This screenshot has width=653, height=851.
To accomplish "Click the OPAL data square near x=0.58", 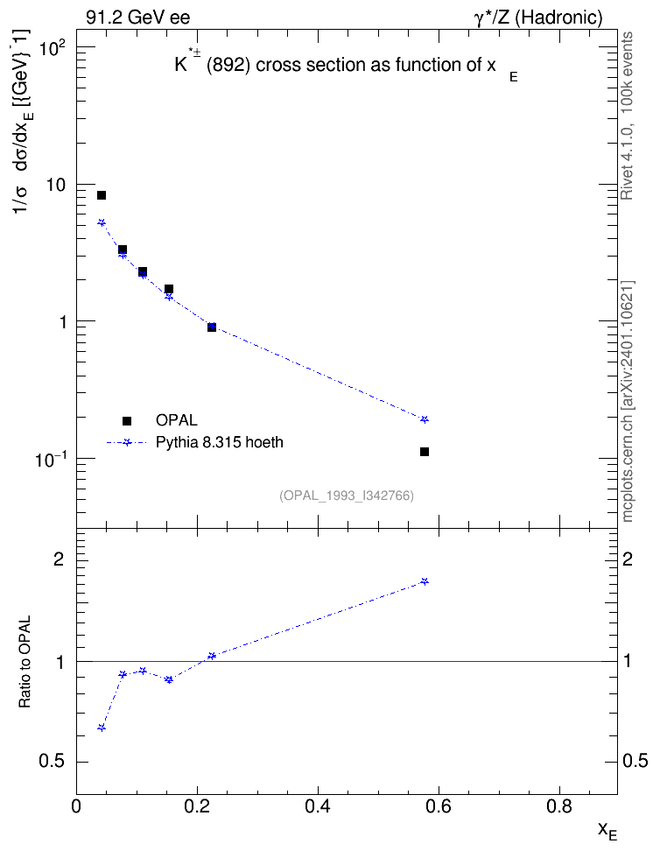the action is pyautogui.click(x=425, y=452).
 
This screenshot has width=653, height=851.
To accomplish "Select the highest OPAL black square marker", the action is pyautogui.click(x=102, y=195).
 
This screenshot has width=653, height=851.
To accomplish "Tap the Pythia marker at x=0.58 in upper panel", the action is pyautogui.click(x=425, y=419).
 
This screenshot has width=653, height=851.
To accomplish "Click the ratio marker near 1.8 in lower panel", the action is pyautogui.click(x=425, y=581).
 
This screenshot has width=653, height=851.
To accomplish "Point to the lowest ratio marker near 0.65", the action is pyautogui.click(x=102, y=728).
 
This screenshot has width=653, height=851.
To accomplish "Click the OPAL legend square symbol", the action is pyautogui.click(x=127, y=420).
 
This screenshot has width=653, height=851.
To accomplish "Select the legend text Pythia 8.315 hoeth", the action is pyautogui.click(x=220, y=442).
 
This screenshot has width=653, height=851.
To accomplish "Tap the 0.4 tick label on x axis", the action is pyautogui.click(x=318, y=806).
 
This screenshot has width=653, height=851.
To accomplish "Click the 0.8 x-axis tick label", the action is pyautogui.click(x=559, y=806).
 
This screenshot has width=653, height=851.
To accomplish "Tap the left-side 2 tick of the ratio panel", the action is pyautogui.click(x=60, y=559).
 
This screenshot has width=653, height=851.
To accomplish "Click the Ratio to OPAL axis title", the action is pyautogui.click(x=25, y=662).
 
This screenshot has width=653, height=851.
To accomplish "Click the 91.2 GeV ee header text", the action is pyautogui.click(x=138, y=18).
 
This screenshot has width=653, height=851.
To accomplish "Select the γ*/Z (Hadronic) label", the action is pyautogui.click(x=538, y=18).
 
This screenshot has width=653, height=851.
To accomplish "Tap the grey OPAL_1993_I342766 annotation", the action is pyautogui.click(x=347, y=496).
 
